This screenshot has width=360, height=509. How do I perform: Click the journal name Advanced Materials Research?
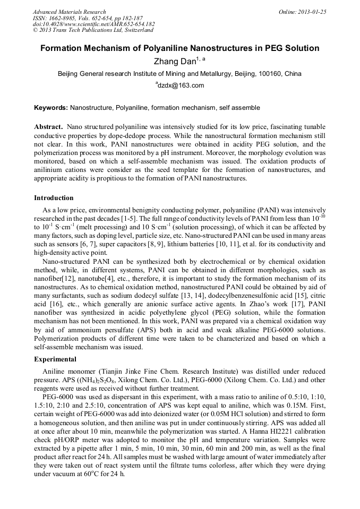click(x=70, y=12)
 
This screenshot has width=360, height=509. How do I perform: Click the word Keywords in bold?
click(x=50, y=108)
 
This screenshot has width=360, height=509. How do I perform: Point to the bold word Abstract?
click(x=49, y=128)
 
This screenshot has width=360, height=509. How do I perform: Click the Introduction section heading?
click(x=54, y=198)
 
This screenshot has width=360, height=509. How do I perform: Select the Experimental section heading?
click(x=55, y=359)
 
